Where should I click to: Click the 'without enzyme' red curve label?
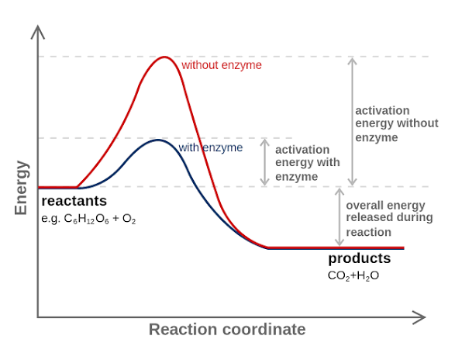pos(222,65)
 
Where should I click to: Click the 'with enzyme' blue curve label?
pos(211,147)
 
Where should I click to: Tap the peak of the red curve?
pos(164,57)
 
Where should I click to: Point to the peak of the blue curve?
pos(157,140)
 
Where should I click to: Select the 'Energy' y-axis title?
pos(21,188)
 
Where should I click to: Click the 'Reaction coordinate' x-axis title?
pos(227,330)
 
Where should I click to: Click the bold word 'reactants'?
pos(74,201)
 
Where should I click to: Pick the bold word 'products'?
pos(360,258)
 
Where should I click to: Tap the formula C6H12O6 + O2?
pos(88,219)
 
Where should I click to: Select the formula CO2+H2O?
pos(353,275)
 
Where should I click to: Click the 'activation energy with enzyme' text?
pos(308,163)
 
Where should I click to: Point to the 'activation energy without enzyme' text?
pos(397,124)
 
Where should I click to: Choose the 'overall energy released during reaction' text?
pos(389,219)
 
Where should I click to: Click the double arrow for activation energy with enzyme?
pos(264,162)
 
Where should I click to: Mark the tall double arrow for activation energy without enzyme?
pos(352,122)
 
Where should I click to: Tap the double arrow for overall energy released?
pos(340,217)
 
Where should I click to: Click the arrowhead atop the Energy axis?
pos(38,32)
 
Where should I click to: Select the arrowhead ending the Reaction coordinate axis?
pos(419,317)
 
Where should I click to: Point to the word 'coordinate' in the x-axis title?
pos(264,330)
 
